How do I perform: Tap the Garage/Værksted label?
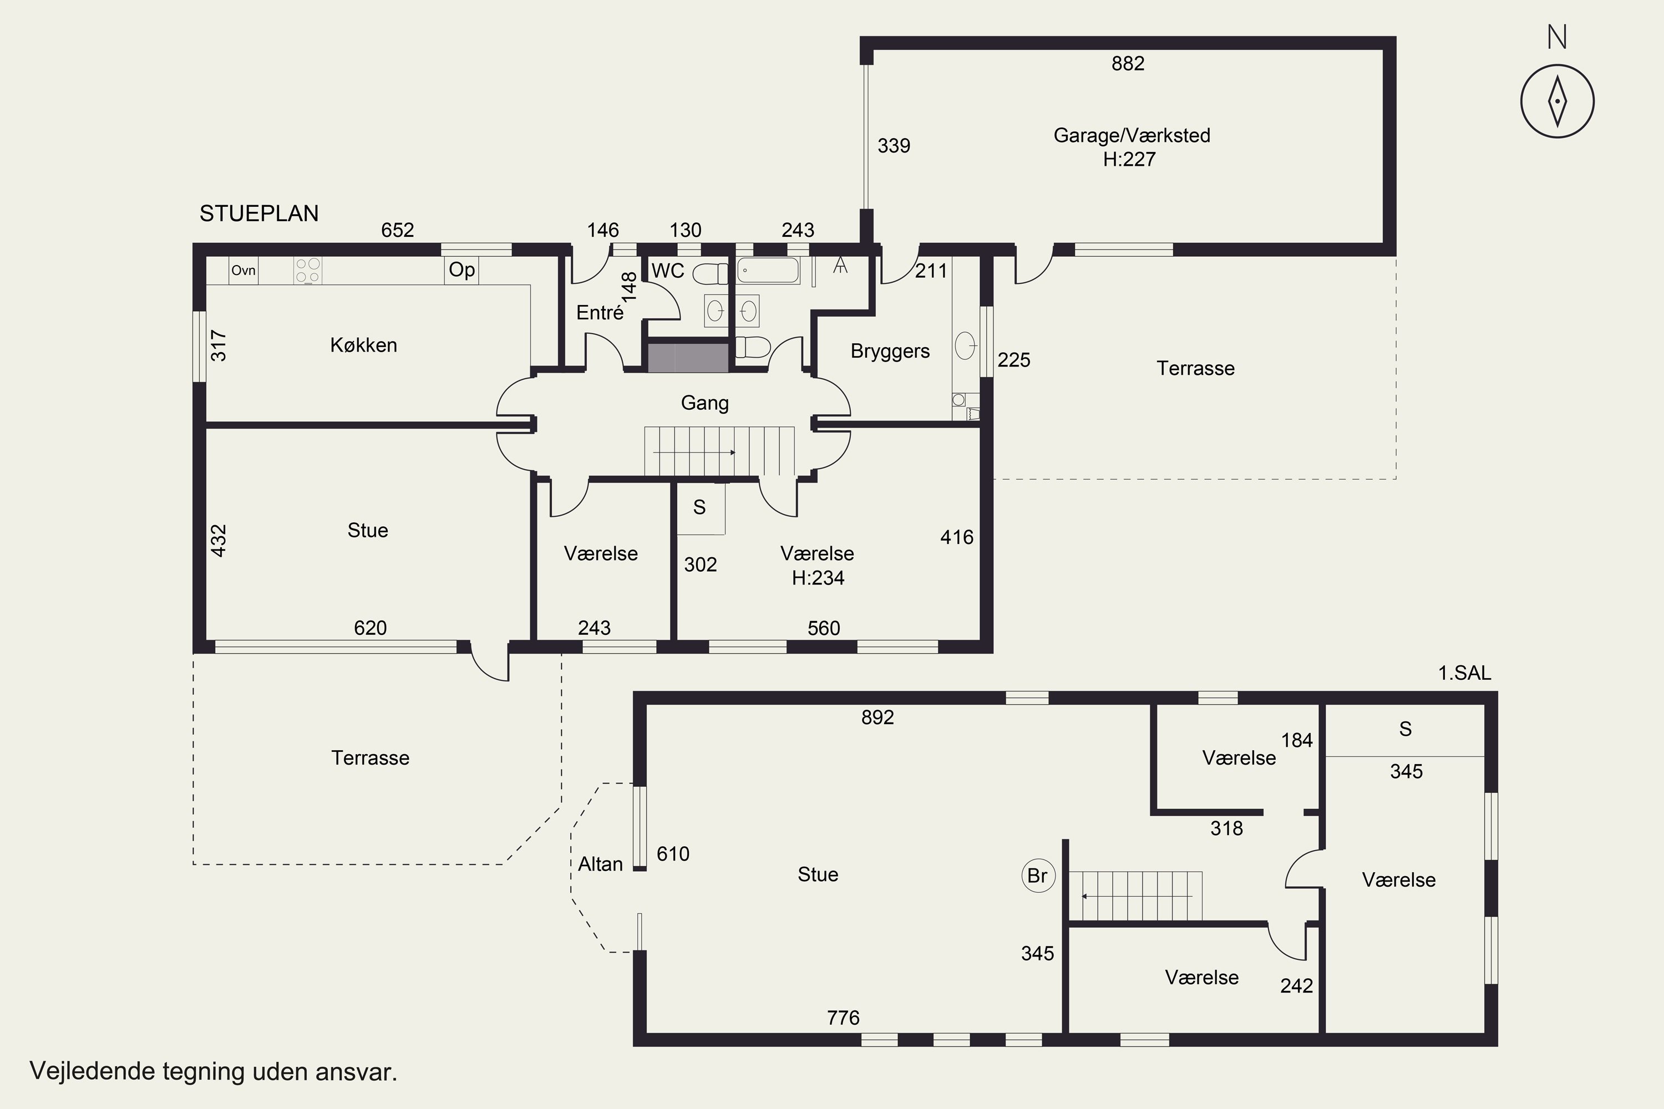pyautogui.click(x=1132, y=135)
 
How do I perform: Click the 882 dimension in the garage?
pyautogui.click(x=1128, y=64)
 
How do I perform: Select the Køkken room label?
pyautogui.click(x=364, y=345)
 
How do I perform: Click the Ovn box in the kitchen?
pyautogui.click(x=243, y=270)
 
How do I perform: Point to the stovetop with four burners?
pyautogui.click(x=308, y=270)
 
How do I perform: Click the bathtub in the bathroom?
pyautogui.click(x=768, y=270)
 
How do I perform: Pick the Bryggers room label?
pyautogui.click(x=890, y=351)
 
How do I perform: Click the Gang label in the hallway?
pyautogui.click(x=704, y=403)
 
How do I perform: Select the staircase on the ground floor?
pyautogui.click(x=719, y=451)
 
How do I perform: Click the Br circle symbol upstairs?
pyautogui.click(x=1038, y=876)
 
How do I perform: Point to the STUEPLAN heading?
pyautogui.click(x=259, y=213)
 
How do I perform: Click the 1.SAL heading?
pyautogui.click(x=1464, y=673)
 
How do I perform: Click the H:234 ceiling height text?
pyautogui.click(x=818, y=578)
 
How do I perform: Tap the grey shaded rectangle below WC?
pyautogui.click(x=688, y=357)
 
